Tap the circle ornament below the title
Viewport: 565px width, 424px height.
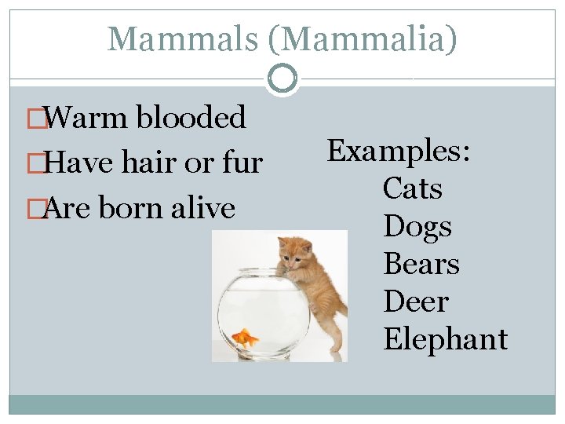point(282,79)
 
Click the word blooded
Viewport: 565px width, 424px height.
point(191,118)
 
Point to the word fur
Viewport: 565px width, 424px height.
point(242,163)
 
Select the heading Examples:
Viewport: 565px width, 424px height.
point(399,151)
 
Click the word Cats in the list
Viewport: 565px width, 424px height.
point(413,188)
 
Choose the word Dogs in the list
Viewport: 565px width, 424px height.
point(417,226)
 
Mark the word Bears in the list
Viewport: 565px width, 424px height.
point(421,264)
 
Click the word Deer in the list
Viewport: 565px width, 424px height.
point(416,302)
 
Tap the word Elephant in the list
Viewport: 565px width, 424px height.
point(445,339)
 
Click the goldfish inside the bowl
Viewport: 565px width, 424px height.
point(246,338)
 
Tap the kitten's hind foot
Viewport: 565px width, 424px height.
point(336,346)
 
